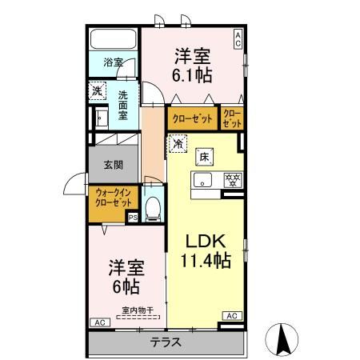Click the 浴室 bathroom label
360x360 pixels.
112,61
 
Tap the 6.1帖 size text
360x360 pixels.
194,73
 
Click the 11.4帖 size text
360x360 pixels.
206,262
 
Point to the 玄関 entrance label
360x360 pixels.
112,166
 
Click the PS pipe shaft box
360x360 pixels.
133,217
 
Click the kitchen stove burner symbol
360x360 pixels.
233,179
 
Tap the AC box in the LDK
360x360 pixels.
232,316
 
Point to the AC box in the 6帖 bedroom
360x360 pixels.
100,322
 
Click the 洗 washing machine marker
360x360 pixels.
97,91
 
